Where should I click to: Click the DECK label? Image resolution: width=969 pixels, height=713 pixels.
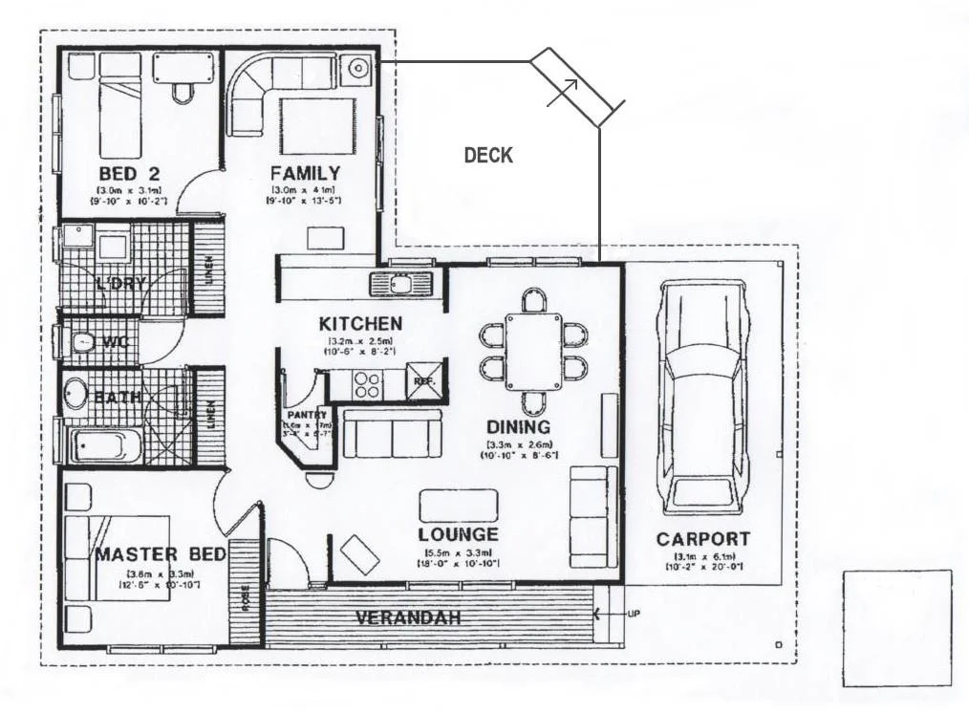click(x=488, y=155)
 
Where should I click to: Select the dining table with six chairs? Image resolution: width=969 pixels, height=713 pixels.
click(x=533, y=351)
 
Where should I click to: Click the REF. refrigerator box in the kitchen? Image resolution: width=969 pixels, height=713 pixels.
click(x=422, y=379)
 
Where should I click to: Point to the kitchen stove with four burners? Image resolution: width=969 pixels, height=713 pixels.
click(x=368, y=383)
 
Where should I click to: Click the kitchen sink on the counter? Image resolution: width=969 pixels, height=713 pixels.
click(x=400, y=283)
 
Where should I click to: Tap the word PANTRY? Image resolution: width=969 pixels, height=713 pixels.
click(x=306, y=415)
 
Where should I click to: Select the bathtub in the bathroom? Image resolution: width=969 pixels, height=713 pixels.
click(x=105, y=445)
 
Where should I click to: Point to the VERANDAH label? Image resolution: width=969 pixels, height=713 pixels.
click(x=408, y=617)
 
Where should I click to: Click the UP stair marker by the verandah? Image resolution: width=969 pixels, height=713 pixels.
click(x=634, y=614)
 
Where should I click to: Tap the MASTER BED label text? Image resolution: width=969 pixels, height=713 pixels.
click(x=161, y=554)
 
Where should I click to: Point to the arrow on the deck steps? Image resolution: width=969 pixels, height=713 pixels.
click(x=564, y=92)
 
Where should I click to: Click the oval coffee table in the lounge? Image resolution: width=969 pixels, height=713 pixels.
click(x=459, y=505)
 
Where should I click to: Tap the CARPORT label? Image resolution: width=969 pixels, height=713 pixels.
click(x=702, y=539)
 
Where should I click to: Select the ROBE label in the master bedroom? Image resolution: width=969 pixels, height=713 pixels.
click(x=246, y=597)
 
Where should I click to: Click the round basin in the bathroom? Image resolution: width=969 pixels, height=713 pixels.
click(x=75, y=393)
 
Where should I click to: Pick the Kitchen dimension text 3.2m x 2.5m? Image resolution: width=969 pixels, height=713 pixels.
click(x=360, y=341)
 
